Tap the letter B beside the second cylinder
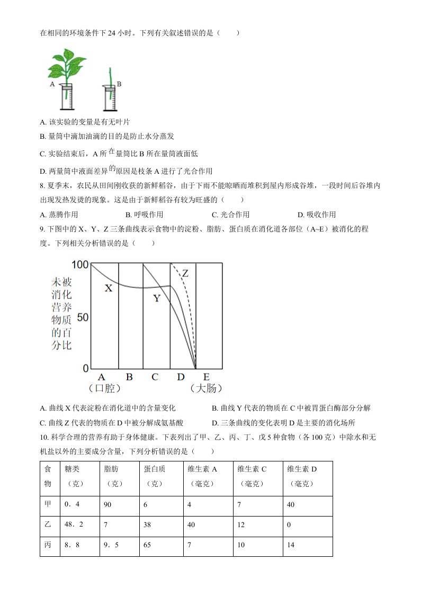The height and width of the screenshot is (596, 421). click(119, 84)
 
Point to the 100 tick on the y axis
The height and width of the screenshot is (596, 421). click(80, 264)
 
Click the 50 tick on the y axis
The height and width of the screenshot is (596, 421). click(83, 316)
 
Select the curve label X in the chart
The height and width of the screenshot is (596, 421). click(109, 289)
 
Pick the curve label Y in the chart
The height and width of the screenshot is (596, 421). click(157, 298)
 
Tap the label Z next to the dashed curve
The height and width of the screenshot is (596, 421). click(185, 273)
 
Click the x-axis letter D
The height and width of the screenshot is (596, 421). click(181, 377)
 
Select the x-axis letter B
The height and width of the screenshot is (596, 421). click(129, 377)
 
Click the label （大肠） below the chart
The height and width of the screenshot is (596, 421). click(205, 389)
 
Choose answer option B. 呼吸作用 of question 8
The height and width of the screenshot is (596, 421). click(144, 215)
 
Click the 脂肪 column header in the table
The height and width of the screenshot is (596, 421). click(112, 469)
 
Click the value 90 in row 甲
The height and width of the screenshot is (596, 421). click(108, 504)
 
